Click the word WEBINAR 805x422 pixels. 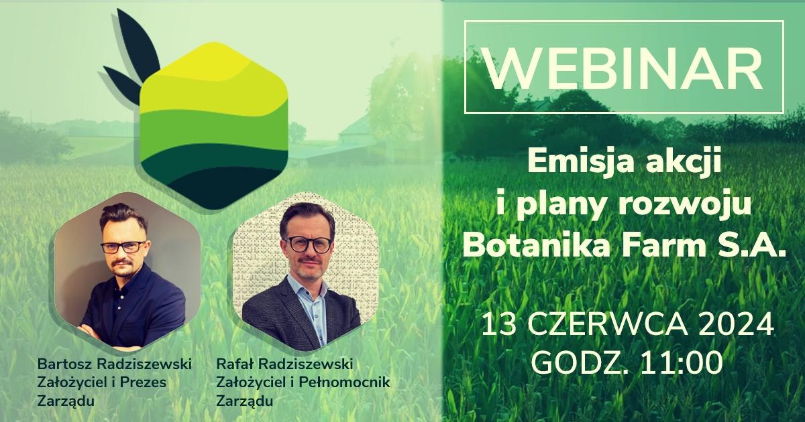(623, 69)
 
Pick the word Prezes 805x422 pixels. (143, 382)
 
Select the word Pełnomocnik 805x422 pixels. (344, 382)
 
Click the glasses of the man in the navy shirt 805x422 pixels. (123, 247)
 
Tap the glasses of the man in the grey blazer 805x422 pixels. (308, 244)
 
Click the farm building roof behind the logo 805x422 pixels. (354, 124)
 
